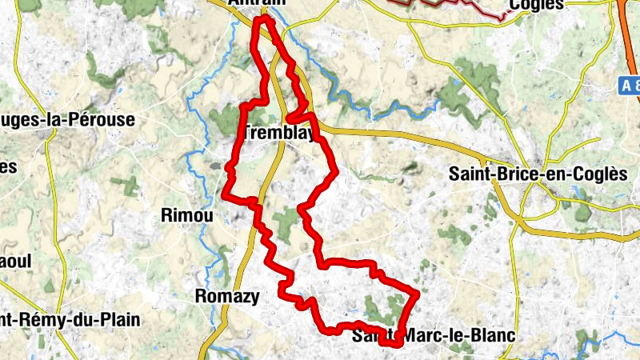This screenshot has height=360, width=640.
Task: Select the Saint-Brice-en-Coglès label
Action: pos(537,174)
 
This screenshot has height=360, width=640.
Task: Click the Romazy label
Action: pos(227,296)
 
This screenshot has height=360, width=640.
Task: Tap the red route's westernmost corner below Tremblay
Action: pos(226,192)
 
